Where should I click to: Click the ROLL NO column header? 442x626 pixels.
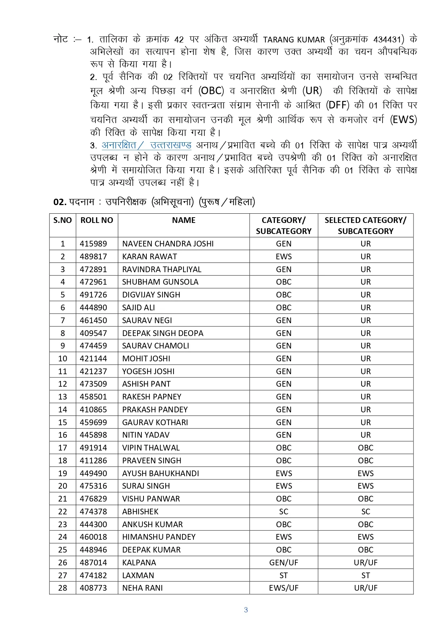click(x=97, y=220)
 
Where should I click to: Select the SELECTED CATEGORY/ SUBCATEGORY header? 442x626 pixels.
click(x=365, y=225)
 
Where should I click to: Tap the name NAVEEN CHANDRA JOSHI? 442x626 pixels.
click(x=168, y=244)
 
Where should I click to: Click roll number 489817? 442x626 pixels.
click(x=93, y=257)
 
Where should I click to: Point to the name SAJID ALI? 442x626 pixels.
click(x=138, y=308)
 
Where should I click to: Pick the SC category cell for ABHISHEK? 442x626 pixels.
click(x=284, y=512)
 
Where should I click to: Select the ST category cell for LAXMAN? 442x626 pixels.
click(x=284, y=576)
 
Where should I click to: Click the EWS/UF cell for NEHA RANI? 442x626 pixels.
click(x=284, y=588)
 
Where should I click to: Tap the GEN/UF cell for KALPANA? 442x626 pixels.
click(x=284, y=563)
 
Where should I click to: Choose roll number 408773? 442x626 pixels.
click(x=93, y=588)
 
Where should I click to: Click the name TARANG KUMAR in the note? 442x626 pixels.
click(x=294, y=40)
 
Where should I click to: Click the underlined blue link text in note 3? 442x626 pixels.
click(x=146, y=145)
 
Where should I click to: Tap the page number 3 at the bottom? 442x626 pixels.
click(x=246, y=610)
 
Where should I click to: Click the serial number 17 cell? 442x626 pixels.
click(x=63, y=448)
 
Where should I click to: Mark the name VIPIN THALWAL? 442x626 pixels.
click(x=151, y=448)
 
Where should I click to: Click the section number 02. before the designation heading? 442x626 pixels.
click(x=60, y=202)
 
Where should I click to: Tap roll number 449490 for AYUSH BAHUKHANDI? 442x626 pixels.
click(x=93, y=474)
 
